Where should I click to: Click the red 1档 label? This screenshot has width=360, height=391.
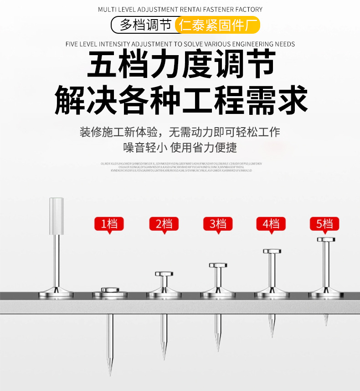tap(109, 224)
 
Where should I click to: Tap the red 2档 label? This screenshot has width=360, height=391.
tap(164, 224)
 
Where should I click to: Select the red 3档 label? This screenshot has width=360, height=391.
tap(217, 224)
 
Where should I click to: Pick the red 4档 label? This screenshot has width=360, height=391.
tap(271, 224)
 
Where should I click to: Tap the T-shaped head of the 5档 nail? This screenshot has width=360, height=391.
tap(326, 239)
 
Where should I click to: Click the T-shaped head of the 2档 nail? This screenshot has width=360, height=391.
tap(164, 274)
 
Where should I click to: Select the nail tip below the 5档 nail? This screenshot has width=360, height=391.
tap(326, 321)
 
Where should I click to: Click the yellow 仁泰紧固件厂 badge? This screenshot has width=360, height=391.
tap(217, 25)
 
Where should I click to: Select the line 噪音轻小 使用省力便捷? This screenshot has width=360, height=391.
tap(180, 148)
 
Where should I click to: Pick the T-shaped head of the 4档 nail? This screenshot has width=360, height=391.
tap(272, 251)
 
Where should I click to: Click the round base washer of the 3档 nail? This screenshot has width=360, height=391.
tap(217, 293)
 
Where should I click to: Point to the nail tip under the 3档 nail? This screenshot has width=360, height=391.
tap(218, 346)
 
